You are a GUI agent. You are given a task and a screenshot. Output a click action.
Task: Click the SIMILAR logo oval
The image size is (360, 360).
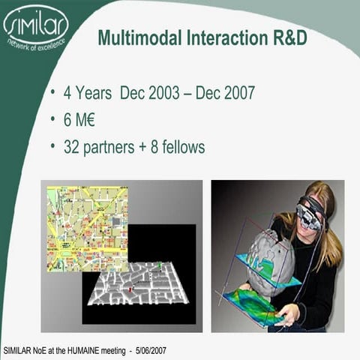point(36,25)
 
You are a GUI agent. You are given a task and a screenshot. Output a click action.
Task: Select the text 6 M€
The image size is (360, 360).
point(82,120)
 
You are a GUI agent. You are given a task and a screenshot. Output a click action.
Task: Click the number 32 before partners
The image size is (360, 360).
point(73,147)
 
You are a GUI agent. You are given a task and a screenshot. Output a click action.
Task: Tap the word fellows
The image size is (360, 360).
point(180,147)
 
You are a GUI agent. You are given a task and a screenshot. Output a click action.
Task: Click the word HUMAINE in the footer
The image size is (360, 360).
point(97,350)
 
